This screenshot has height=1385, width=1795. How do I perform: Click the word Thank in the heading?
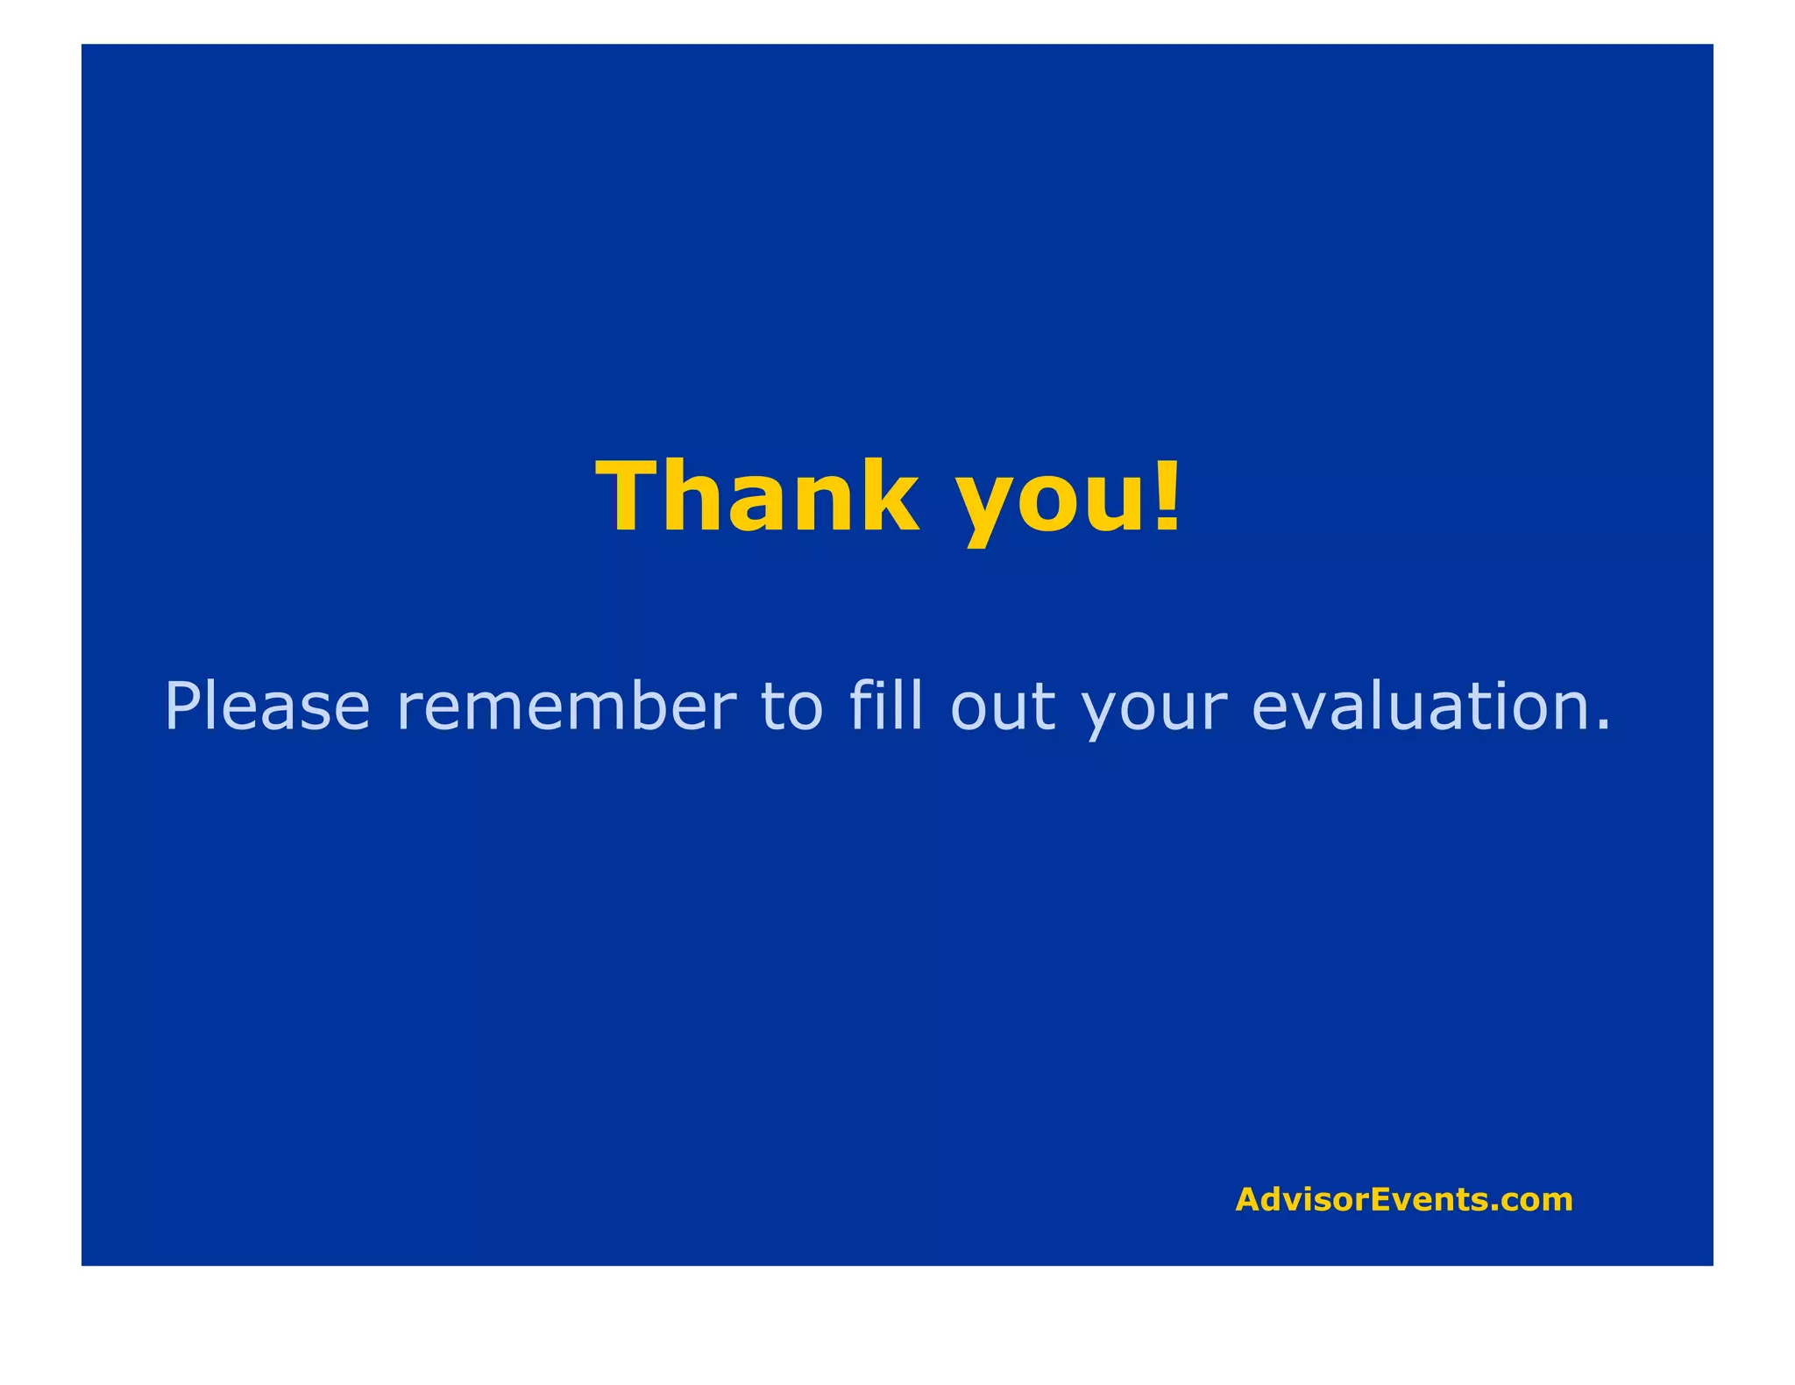pos(757,497)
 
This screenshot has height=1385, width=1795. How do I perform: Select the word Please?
pos(267,706)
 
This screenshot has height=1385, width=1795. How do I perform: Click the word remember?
pos(566,706)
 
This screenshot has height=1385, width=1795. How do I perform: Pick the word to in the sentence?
pos(791,706)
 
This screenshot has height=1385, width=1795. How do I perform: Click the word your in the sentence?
pos(1149,710)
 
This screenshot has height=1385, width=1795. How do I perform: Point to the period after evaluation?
pos(1603,726)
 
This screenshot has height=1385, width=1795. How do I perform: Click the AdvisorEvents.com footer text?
pos(1403,1199)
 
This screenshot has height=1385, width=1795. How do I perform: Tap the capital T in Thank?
pos(633,497)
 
